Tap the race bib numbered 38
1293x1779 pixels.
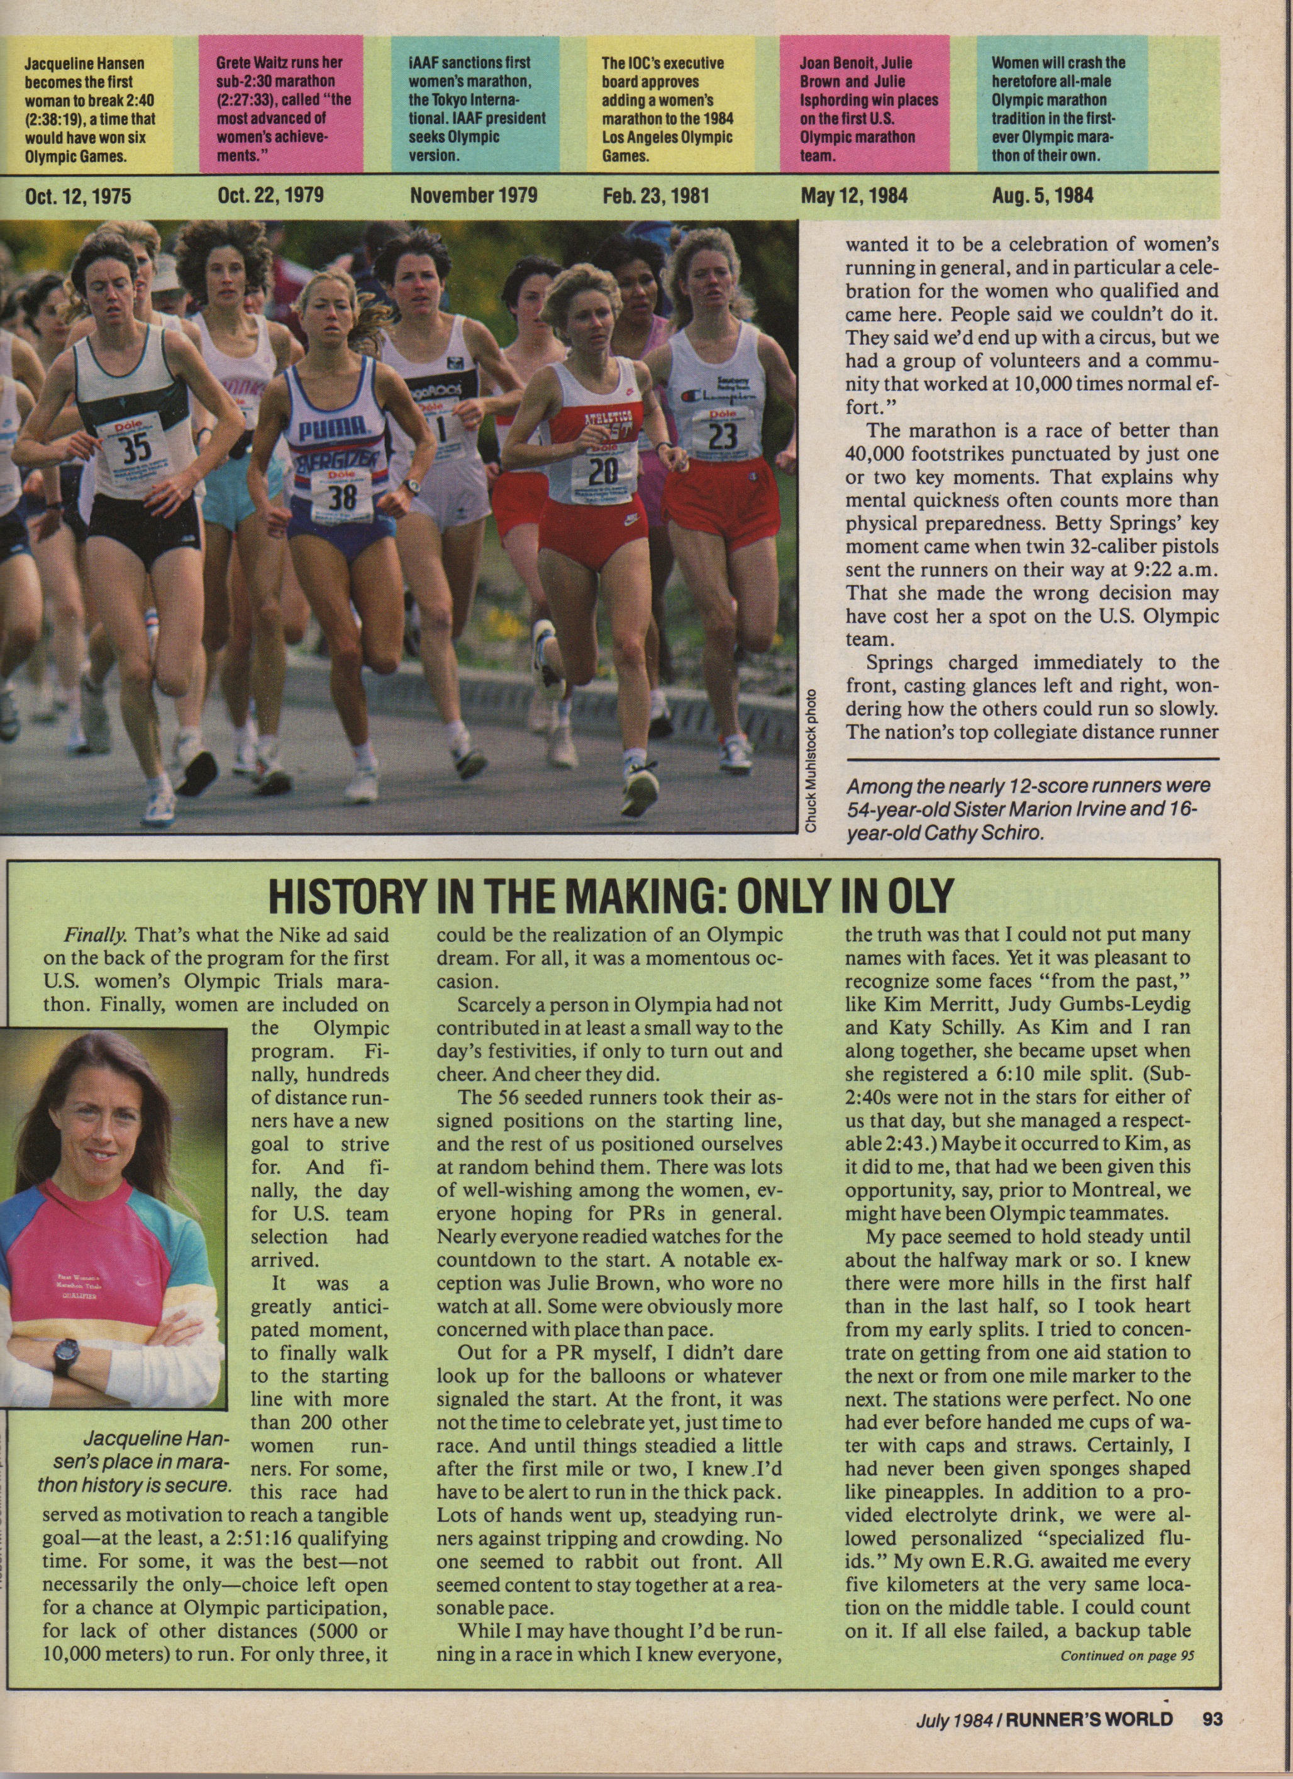343,495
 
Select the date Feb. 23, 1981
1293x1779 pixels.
655,194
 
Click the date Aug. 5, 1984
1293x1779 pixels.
1042,194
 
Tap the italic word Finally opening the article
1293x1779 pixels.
95,936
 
